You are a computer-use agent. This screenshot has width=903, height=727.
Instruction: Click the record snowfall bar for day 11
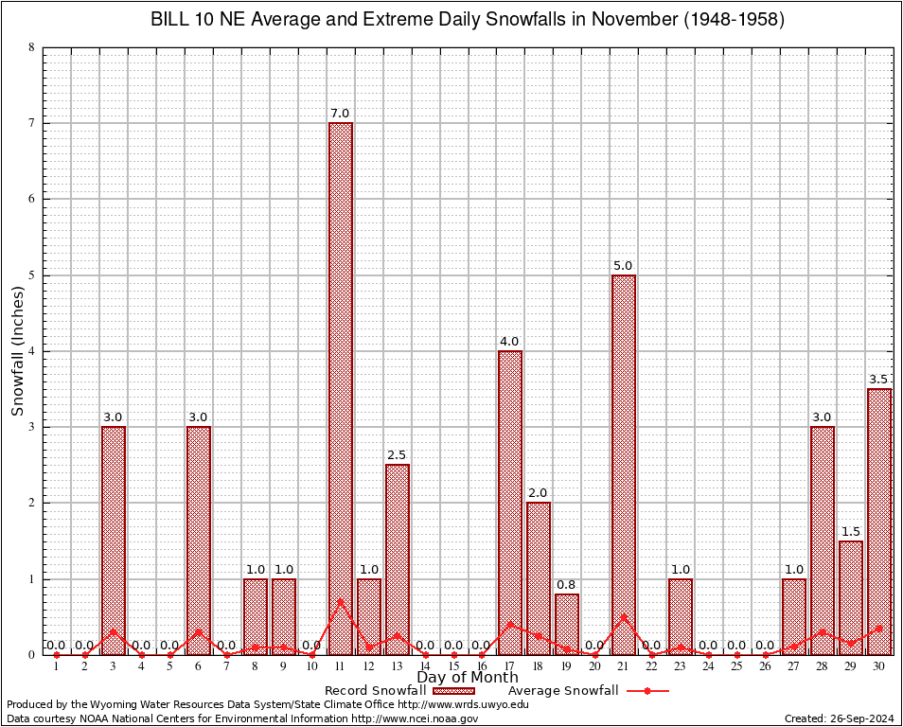click(341, 388)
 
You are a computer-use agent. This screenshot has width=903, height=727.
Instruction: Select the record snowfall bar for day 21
click(624, 464)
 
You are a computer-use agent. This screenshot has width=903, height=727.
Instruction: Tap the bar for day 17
click(510, 502)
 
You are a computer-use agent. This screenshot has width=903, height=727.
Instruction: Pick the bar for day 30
click(879, 521)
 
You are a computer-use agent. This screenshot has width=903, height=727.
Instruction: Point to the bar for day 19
click(567, 624)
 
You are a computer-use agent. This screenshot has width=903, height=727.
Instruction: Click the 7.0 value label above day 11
click(341, 114)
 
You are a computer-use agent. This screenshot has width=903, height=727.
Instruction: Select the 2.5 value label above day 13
click(398, 455)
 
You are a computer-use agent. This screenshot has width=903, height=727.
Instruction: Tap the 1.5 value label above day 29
click(851, 531)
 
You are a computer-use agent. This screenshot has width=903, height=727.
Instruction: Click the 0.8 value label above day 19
click(567, 584)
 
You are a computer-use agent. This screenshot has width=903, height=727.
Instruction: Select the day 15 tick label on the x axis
click(454, 667)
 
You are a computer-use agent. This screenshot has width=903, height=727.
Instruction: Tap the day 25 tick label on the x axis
click(737, 667)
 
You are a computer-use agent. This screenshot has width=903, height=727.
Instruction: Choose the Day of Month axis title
click(468, 678)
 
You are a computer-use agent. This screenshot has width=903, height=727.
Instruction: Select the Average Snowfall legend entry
click(563, 691)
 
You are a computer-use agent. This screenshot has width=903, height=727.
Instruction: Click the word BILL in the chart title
click(171, 20)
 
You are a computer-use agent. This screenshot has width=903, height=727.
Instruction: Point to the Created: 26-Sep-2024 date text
click(840, 718)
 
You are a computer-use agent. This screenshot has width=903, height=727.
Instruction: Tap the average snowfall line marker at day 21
click(624, 617)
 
